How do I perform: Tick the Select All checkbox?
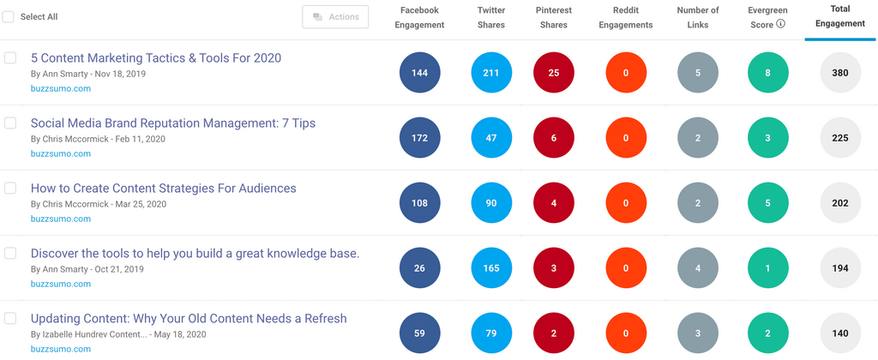(x=9, y=17)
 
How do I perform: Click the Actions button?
(x=335, y=17)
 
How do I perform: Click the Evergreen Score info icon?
(x=780, y=24)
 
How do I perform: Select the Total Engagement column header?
(x=840, y=17)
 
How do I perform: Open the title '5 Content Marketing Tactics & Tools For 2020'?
(x=155, y=58)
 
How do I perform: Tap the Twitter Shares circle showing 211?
(x=491, y=73)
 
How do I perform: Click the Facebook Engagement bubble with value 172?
(x=419, y=138)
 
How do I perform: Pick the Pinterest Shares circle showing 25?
(x=554, y=73)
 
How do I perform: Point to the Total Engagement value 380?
(x=840, y=73)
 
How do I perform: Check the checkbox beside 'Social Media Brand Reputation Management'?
(x=10, y=123)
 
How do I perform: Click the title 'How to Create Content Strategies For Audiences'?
(x=163, y=189)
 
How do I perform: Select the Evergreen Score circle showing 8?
(x=767, y=73)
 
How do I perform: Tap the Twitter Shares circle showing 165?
(x=491, y=268)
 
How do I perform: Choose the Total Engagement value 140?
(x=840, y=333)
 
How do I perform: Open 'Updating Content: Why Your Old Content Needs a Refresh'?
(x=189, y=319)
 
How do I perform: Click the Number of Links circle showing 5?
(x=698, y=73)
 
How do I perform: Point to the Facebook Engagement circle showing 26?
(x=419, y=268)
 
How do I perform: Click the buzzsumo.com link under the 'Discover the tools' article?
(x=60, y=284)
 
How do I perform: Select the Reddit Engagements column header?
(x=626, y=17)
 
